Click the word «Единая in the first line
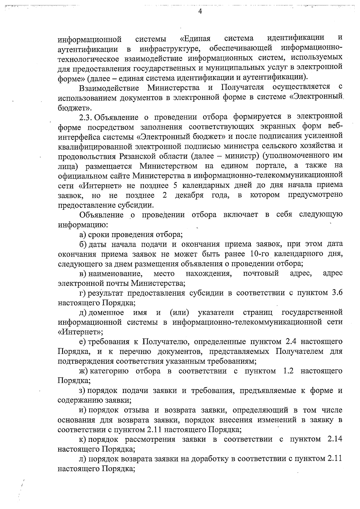[195, 39]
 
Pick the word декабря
[189, 195]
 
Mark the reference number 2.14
[334, 439]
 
